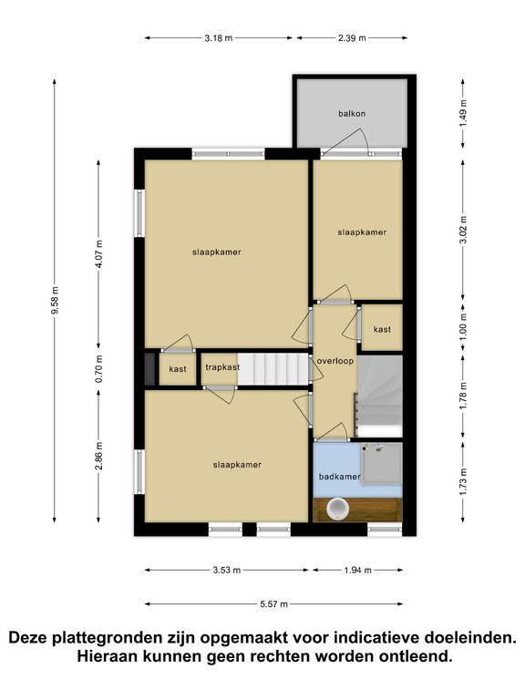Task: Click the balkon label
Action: pyautogui.click(x=352, y=113)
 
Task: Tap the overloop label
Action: pyautogui.click(x=335, y=361)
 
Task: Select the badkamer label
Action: pyautogui.click(x=339, y=477)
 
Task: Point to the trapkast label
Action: pyautogui.click(x=222, y=367)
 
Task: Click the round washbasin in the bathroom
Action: pyautogui.click(x=337, y=509)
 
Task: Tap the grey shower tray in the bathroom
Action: pyautogui.click(x=381, y=463)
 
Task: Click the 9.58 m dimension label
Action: pyautogui.click(x=55, y=300)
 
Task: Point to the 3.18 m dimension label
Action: pyautogui.click(x=219, y=38)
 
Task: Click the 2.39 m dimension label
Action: pyautogui.click(x=352, y=38)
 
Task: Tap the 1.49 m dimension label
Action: pyautogui.click(x=463, y=113)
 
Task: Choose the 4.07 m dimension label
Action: pyautogui.click(x=98, y=253)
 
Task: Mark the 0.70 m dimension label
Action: pyautogui.click(x=98, y=369)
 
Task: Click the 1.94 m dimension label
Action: pyautogui.click(x=357, y=570)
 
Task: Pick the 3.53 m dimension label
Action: pyautogui.click(x=227, y=570)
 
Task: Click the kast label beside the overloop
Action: pyautogui.click(x=382, y=329)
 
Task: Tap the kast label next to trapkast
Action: pyautogui.click(x=178, y=369)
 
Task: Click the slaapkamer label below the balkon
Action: pyautogui.click(x=362, y=232)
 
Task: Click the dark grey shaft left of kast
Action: pyautogui.click(x=150, y=369)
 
